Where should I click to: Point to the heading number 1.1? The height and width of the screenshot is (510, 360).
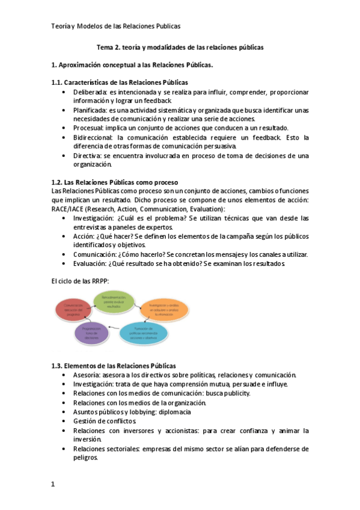coord(59,82)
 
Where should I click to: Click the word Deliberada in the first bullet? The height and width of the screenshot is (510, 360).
coord(90,92)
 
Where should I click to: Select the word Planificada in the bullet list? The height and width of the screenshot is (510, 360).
coord(90,110)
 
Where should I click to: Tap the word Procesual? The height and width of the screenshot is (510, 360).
coord(89,128)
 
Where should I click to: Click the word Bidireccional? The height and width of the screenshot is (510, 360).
coord(93,137)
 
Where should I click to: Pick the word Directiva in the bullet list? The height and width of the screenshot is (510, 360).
coord(88,155)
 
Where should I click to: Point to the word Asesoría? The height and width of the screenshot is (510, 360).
coord(88,375)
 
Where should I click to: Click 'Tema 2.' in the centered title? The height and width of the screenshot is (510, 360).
coord(111,47)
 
